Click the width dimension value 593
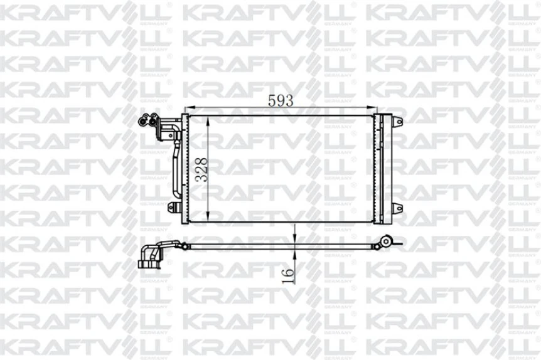tap(281, 100)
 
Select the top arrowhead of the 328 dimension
tap(209, 120)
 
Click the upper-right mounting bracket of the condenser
tap(397, 121)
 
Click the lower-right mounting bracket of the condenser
tap(397, 208)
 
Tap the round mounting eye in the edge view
tap(388, 240)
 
